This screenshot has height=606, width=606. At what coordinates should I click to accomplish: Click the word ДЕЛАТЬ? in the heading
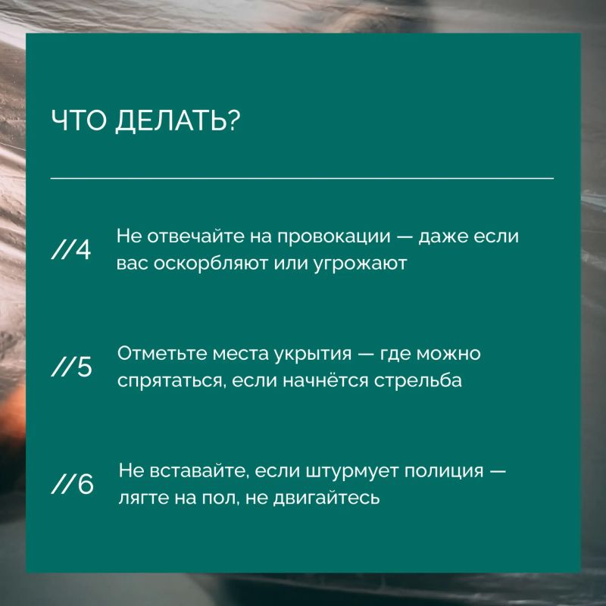click(x=178, y=121)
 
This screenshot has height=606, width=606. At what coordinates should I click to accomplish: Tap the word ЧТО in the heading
click(x=78, y=120)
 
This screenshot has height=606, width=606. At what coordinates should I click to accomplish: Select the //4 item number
click(x=71, y=250)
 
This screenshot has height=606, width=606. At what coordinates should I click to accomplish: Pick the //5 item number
click(x=71, y=367)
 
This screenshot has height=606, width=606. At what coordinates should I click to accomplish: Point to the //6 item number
click(x=72, y=484)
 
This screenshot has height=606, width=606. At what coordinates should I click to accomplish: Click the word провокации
click(x=334, y=237)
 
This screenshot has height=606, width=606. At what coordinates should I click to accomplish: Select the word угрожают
click(x=360, y=264)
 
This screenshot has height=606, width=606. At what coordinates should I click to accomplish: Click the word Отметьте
click(x=162, y=353)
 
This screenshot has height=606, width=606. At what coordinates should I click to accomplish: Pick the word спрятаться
click(x=170, y=382)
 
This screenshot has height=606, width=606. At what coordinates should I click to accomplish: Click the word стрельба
click(x=418, y=381)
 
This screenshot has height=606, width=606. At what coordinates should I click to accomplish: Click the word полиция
click(x=444, y=471)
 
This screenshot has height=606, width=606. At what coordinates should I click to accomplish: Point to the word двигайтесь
click(x=326, y=498)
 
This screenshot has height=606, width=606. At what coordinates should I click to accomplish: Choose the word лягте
click(x=144, y=498)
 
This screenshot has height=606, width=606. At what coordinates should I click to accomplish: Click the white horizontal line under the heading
click(x=301, y=179)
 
